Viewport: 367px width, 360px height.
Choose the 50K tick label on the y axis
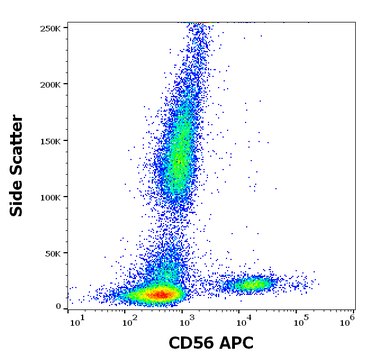pyautogui.click(x=53, y=254)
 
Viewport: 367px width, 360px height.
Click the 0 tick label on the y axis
pyautogui.click(x=59, y=305)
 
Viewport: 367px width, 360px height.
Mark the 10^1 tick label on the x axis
pyautogui.click(x=75, y=322)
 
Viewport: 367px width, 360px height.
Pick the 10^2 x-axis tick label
pyautogui.click(x=130, y=322)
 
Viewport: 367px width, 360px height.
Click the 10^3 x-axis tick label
pyautogui.click(x=185, y=322)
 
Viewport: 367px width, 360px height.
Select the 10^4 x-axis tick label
pyautogui.click(x=241, y=322)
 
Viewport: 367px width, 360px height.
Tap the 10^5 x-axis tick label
pyautogui.click(x=297, y=322)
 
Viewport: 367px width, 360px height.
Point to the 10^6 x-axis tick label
pyautogui.click(x=347, y=322)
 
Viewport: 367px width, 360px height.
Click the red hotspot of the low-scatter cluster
pyautogui.click(x=160, y=294)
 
